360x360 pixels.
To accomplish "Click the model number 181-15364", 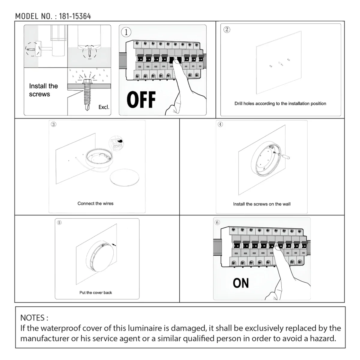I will point(75,16).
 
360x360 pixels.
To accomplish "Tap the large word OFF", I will point(141,100).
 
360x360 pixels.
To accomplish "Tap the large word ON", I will point(241,283).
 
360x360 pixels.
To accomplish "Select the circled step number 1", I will point(126,32).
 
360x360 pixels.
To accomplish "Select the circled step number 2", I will point(227,29).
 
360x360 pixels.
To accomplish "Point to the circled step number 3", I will point(53,124).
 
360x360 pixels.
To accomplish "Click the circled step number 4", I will point(220,124).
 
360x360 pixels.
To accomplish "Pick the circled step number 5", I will point(59,222).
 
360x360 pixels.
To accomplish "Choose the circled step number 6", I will point(217,222).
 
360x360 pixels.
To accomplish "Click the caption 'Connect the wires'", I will point(95,203).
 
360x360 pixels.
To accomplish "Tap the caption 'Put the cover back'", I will point(95,292).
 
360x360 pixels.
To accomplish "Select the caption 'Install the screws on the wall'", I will point(262,204).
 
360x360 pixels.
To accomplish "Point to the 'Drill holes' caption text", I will point(280,103).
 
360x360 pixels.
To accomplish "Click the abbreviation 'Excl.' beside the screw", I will point(104,107).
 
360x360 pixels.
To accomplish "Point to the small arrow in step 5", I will point(114,245).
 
